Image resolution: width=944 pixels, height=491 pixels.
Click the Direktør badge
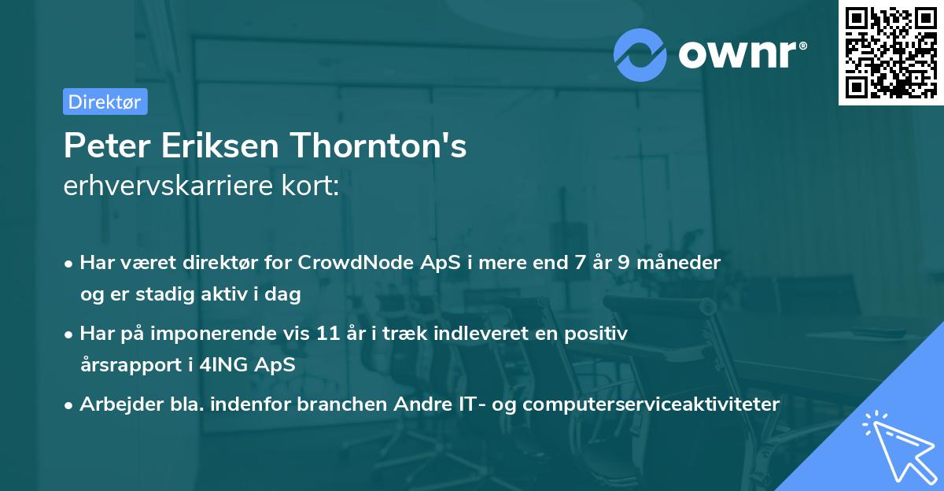105,102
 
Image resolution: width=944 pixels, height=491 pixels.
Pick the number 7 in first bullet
572,263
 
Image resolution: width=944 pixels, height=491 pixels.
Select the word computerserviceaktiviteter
651,404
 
